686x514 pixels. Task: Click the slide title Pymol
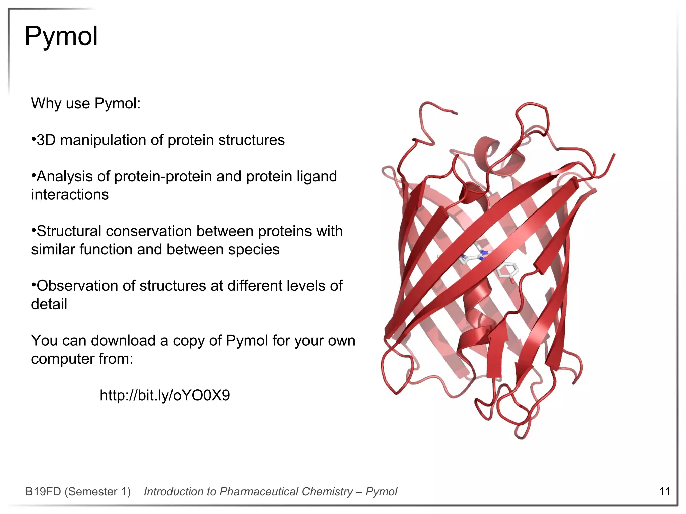coord(61,36)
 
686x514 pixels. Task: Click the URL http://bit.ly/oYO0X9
coord(165,395)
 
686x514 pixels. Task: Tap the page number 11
coord(664,491)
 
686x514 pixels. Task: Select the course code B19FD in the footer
coord(43,492)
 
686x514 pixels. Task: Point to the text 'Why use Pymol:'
coord(86,103)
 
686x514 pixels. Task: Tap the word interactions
coord(70,195)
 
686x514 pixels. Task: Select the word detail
coord(49,304)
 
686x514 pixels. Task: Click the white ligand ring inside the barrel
coord(507,270)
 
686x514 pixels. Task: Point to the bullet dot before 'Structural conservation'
coord(33,230)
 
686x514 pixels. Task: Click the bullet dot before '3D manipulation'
coord(33,139)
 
